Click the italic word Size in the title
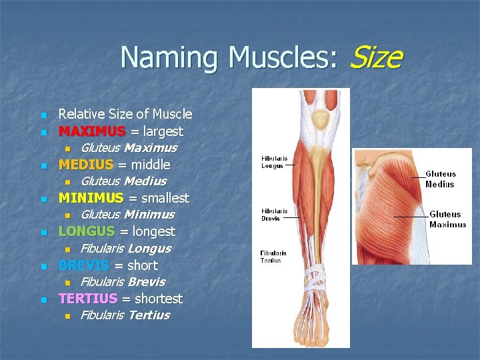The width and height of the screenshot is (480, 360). pyautogui.click(x=375, y=57)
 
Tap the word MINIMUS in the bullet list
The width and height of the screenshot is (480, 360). pyautogui.click(x=91, y=198)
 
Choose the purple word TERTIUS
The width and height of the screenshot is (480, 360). pyautogui.click(x=88, y=299)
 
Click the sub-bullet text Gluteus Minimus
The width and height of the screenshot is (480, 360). pyautogui.click(x=127, y=215)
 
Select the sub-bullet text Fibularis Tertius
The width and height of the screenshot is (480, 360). pyautogui.click(x=125, y=315)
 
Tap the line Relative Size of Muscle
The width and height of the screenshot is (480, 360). pyautogui.click(x=125, y=114)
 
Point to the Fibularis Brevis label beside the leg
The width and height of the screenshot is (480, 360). pyautogui.click(x=273, y=213)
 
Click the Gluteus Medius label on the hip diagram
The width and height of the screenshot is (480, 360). pyautogui.click(x=440, y=179)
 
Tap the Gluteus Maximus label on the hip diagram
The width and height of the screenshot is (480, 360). pyautogui.click(x=447, y=219)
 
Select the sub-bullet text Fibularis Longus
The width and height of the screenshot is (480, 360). pyautogui.click(x=125, y=249)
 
